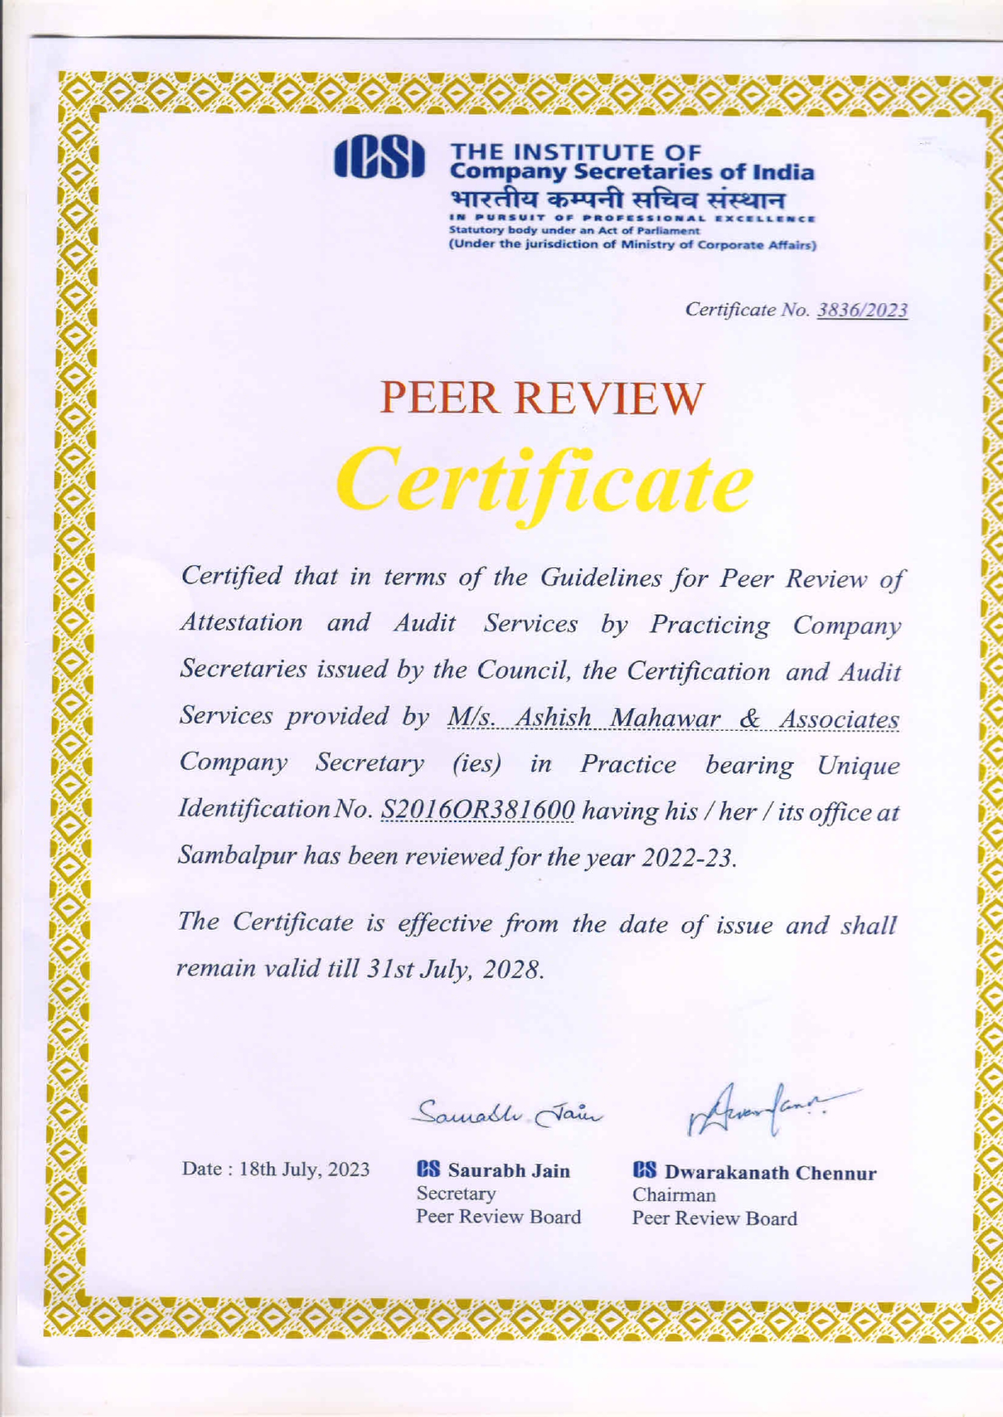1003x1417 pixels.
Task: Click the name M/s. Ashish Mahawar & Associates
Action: pos(673,718)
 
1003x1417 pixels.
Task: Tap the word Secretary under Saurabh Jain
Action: pos(455,1193)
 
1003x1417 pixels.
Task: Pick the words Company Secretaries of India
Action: pos(632,172)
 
